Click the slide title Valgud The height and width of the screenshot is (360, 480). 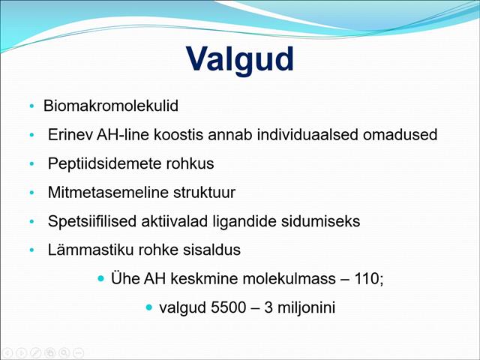tap(240, 59)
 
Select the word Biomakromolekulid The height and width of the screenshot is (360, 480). tap(111, 106)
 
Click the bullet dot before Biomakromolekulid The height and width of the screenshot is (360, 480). tap(31, 107)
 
